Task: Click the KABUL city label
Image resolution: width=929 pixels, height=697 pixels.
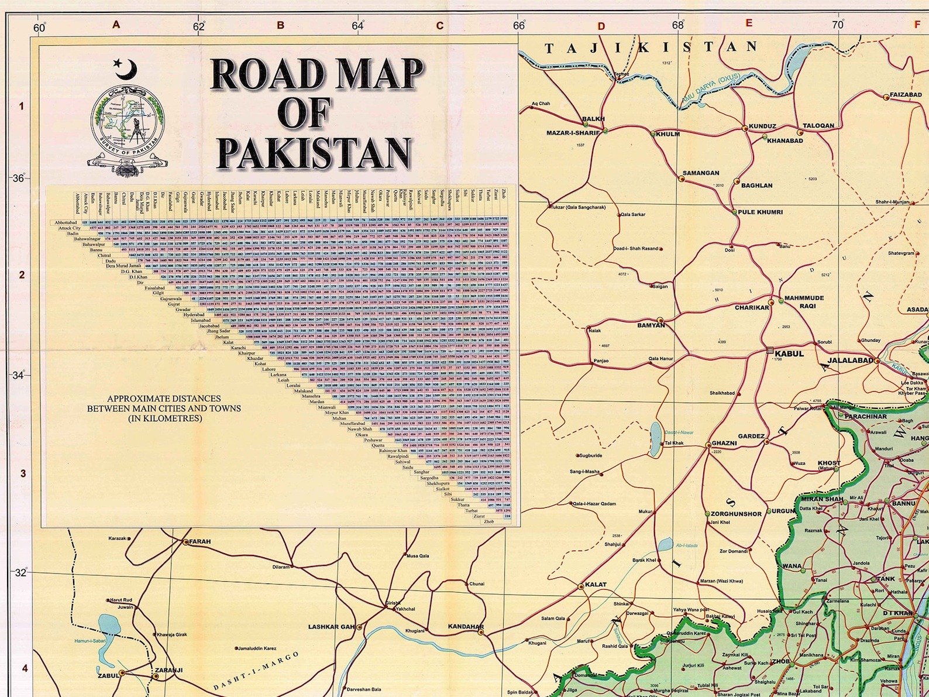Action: [x=789, y=353]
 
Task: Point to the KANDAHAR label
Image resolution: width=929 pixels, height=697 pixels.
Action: [x=466, y=627]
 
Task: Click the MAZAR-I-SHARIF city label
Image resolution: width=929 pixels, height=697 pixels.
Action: [x=573, y=133]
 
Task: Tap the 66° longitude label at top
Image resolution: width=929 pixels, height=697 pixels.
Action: [x=518, y=25]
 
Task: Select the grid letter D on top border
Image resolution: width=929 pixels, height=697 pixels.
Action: [x=601, y=26]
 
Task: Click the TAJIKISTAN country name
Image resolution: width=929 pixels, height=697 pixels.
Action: [x=651, y=47]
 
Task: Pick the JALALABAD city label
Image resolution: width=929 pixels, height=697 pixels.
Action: [x=850, y=360]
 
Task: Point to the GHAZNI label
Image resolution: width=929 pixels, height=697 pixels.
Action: [x=724, y=443]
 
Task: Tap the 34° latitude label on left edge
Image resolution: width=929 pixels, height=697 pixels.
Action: [x=18, y=375]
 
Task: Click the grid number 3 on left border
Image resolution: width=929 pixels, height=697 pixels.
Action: [x=23, y=473]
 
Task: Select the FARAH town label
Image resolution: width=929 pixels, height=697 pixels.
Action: [x=199, y=541]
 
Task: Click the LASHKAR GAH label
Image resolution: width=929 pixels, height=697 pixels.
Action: [x=331, y=627]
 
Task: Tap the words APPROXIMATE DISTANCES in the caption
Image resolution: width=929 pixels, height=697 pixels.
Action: [x=164, y=399]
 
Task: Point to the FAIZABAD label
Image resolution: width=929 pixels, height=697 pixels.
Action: [x=906, y=94]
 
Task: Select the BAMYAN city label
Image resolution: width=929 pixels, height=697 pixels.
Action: [x=651, y=325]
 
